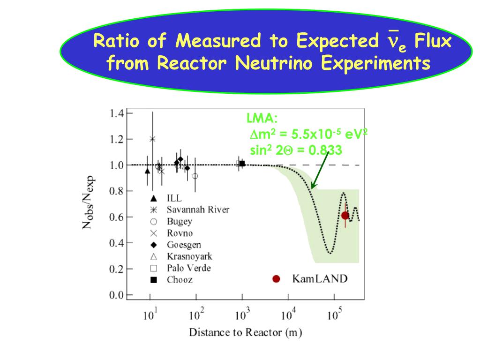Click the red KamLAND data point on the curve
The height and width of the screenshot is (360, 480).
(x=345, y=216)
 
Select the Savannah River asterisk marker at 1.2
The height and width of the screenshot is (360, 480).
(x=152, y=139)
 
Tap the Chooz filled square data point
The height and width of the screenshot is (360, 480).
(x=242, y=164)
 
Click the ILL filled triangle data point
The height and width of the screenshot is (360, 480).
(x=148, y=171)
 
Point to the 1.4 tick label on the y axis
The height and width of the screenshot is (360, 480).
(x=117, y=113)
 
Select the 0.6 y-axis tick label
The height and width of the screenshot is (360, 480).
(x=117, y=217)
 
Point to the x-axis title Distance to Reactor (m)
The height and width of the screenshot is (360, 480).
(x=245, y=333)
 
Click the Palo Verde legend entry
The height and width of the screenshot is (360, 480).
(x=188, y=268)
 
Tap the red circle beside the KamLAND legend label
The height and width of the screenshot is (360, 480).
(x=276, y=279)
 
